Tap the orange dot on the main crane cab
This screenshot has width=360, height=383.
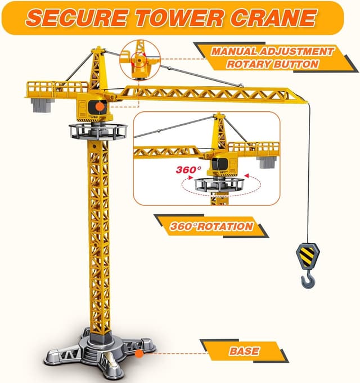point(99,105)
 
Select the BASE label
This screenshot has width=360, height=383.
point(244,352)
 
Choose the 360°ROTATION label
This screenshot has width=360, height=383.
point(210,227)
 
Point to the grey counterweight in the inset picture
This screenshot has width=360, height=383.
point(267,162)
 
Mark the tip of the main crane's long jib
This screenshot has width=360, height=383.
point(307,101)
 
